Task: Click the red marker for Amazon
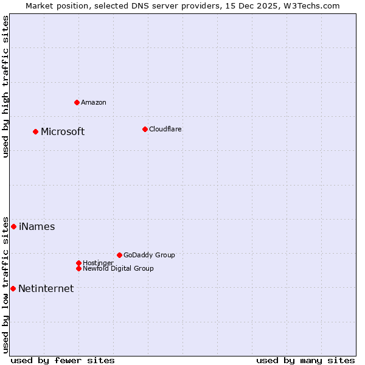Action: pos(77,102)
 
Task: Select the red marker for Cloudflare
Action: pos(145,129)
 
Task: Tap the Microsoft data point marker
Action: pos(35,131)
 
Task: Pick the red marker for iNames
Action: pos(13,226)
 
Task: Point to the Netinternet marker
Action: pos(13,288)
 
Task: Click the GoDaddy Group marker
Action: pos(119,255)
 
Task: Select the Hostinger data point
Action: pos(78,263)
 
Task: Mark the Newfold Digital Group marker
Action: pos(78,268)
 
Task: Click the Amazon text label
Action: pos(94,102)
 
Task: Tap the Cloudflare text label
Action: pos(165,129)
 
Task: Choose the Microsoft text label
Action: pos(63,131)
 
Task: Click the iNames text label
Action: pos(37,227)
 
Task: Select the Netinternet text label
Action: pos(46,289)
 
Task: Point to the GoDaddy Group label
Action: pos(149,255)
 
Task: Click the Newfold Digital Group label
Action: pos(119,268)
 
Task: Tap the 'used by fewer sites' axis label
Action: pos(63,360)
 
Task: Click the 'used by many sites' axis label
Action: pos(305,360)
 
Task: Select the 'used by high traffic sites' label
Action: pos(5,86)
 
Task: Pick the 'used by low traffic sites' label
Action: pos(5,285)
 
